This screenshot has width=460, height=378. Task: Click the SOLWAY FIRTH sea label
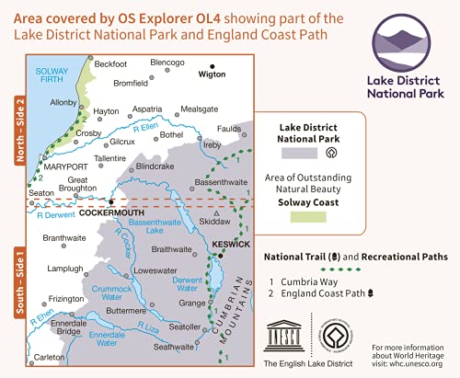point(54,77)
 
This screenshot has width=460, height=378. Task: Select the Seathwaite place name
point(174,346)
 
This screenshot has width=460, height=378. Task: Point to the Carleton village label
point(54,355)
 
